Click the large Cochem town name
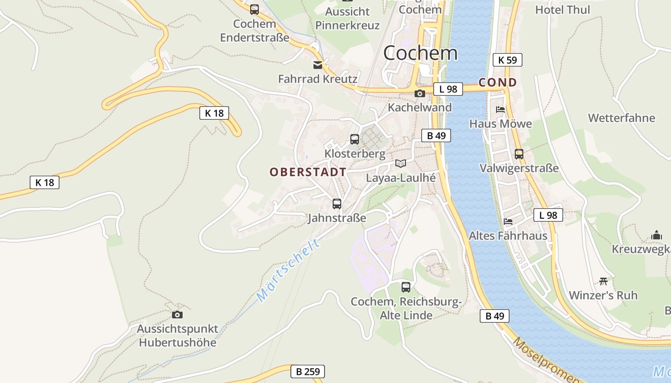[420, 53]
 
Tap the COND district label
[498, 82]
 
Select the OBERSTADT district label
[308, 172]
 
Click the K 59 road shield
[507, 60]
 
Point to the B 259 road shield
[308, 372]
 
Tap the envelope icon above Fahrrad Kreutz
[318, 65]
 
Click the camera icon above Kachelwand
[420, 93]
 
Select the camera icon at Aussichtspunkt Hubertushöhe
[177, 315]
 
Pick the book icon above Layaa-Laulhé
[401, 164]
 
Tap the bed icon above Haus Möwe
[500, 110]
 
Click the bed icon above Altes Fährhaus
[508, 222]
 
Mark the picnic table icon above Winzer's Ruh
[603, 281]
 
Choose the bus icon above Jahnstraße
[337, 204]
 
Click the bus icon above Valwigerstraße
[519, 154]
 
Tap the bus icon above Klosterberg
[355, 139]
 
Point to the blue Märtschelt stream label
[288, 270]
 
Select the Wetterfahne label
[621, 118]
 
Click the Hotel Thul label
[563, 10]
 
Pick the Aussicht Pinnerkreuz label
[347, 18]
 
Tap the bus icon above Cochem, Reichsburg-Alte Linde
[406, 287]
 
